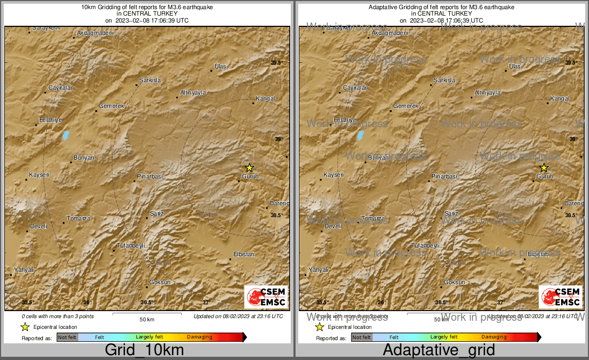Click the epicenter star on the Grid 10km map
pyautogui.click(x=249, y=168)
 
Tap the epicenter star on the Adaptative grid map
pyautogui.click(x=543, y=168)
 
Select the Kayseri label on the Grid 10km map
pyautogui.click(x=39, y=175)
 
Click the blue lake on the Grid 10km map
pyautogui.click(x=66, y=135)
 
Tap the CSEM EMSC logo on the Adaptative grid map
pyautogui.click(x=561, y=297)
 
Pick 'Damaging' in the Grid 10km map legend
pyautogui.click(x=199, y=337)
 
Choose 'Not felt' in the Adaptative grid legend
pyautogui.click(x=362, y=337)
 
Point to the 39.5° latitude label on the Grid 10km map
pyautogui.click(x=276, y=63)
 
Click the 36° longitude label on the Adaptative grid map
pyautogui.click(x=381, y=303)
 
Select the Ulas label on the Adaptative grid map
pyautogui.click(x=515, y=66)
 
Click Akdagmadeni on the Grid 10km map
pyautogui.click(x=96, y=33)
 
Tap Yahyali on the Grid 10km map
pyautogui.click(x=24, y=270)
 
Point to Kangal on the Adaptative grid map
pyautogui.click(x=560, y=98)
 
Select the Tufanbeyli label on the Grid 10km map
pyautogui.click(x=131, y=246)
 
